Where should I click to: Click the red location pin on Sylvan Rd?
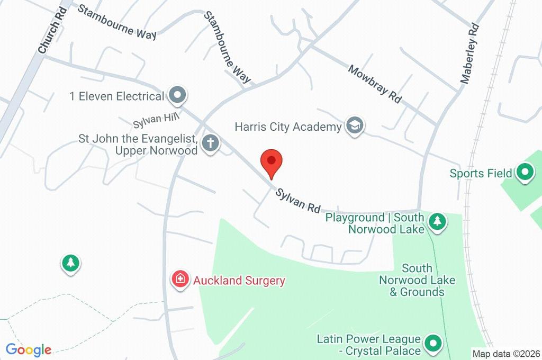point(272,162)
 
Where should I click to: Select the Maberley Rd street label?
point(469,53)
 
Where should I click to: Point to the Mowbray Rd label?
point(375,84)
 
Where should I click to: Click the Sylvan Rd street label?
point(298,200)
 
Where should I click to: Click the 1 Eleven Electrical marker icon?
point(178,96)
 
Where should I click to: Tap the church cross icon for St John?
point(211,143)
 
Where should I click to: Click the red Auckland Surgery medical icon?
point(180,280)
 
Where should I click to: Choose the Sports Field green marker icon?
point(525,173)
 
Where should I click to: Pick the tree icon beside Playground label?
point(437,222)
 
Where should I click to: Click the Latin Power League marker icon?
point(433,344)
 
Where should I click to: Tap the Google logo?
point(29,349)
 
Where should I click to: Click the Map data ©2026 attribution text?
point(505,353)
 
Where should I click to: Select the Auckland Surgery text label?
point(239,281)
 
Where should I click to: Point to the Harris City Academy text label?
point(288,127)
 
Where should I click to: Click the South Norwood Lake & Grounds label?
point(417,280)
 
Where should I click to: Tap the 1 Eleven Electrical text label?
point(117,96)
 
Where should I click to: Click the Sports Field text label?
point(481,173)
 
